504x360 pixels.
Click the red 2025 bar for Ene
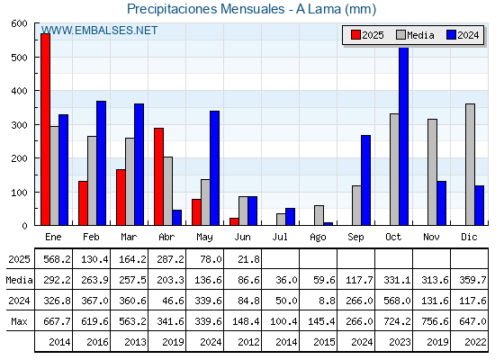[x=46, y=130]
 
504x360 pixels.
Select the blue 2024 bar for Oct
[x=404, y=136]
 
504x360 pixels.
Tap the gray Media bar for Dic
[x=470, y=165]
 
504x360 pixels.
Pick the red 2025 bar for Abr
[x=158, y=176]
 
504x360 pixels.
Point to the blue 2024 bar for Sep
[x=365, y=180]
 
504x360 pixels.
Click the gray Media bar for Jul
[x=281, y=220]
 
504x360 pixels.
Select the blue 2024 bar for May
[x=215, y=168]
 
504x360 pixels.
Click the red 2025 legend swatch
[x=355, y=35]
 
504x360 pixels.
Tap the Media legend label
[x=420, y=35]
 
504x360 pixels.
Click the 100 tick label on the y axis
[x=20, y=193]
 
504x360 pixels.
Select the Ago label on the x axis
[x=318, y=238]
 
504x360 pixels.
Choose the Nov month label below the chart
[x=431, y=237]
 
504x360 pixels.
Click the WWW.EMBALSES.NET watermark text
[x=99, y=31]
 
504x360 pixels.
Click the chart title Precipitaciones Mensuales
[x=206, y=9]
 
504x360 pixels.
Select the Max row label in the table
[x=19, y=321]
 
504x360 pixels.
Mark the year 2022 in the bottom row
[x=475, y=342]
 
